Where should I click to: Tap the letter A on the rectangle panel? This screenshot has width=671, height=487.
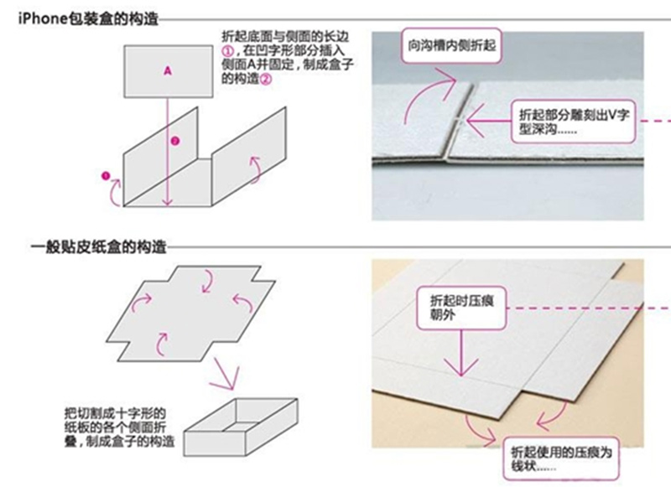(x=167, y=72)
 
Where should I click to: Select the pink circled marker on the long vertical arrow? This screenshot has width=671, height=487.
(x=174, y=141)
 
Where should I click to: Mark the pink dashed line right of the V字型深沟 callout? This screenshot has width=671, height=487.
(x=655, y=119)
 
